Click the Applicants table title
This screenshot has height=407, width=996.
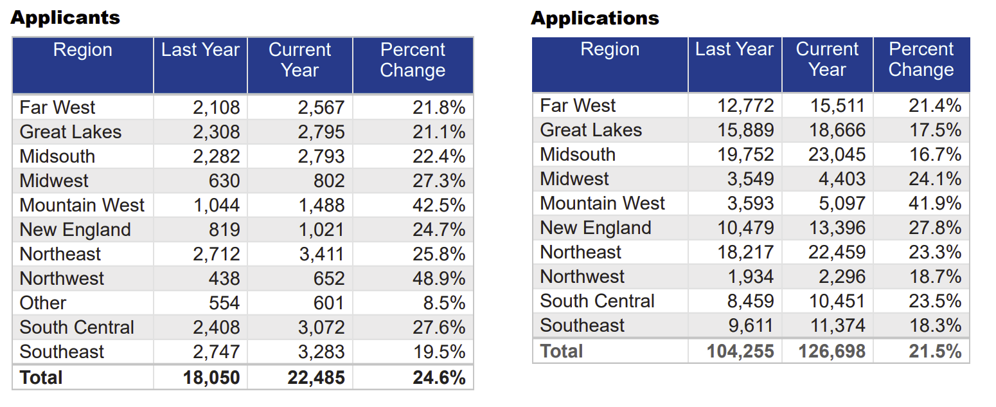click(x=65, y=17)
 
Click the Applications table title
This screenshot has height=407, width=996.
click(x=594, y=18)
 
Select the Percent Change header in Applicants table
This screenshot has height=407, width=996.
click(x=413, y=60)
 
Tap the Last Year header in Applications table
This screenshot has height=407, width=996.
click(x=734, y=50)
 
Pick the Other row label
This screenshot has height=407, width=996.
click(x=43, y=303)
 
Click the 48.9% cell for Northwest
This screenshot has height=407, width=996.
click(x=439, y=278)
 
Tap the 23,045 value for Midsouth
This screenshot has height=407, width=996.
click(x=837, y=155)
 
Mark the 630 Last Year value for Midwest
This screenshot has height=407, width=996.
click(x=224, y=181)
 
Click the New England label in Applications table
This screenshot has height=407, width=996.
click(x=595, y=228)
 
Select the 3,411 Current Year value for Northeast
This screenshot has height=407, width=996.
click(x=321, y=254)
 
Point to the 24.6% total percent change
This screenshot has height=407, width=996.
click(x=439, y=377)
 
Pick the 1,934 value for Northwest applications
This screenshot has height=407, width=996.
click(x=751, y=277)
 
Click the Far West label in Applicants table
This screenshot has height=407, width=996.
click(x=57, y=107)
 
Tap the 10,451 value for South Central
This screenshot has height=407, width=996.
click(x=837, y=302)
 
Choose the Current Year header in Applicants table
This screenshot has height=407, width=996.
click(x=299, y=60)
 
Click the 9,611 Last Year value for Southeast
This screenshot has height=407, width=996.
click(x=751, y=326)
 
